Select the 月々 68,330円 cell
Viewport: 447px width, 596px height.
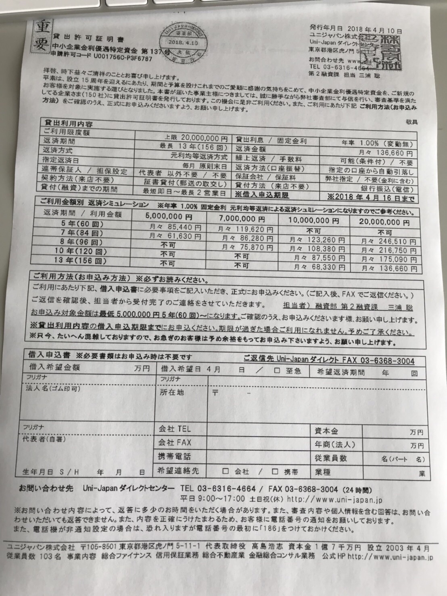(319, 267)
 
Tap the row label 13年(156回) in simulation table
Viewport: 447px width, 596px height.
(80, 260)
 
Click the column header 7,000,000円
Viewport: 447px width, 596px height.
(242, 219)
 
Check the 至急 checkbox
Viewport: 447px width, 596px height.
(277, 371)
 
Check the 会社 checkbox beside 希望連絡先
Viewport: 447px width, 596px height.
(226, 471)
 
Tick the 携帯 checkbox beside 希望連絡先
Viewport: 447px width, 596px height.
(275, 471)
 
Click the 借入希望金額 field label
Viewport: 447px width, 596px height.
(55, 367)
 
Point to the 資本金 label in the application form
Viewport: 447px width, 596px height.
(326, 431)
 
